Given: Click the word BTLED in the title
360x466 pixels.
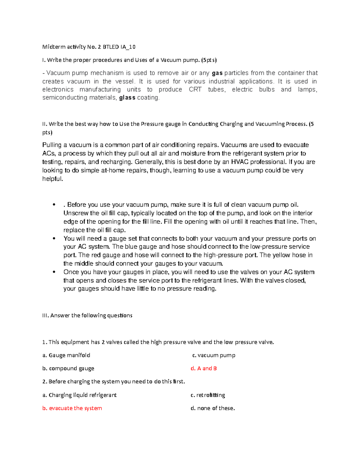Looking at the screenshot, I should (111, 47).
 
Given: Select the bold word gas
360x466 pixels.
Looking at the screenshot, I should (217, 73).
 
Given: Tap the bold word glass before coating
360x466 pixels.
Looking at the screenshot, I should (127, 98).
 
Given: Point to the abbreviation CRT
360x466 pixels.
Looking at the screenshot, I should (195, 89).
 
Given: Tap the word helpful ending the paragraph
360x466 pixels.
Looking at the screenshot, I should (52, 179).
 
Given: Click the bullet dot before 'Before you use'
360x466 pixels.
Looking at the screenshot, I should (54, 205).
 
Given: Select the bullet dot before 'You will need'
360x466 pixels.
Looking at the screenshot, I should (54, 239).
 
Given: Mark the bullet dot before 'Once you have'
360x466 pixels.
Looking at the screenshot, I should (54, 272).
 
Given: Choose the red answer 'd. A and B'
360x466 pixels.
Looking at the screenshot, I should (204, 368).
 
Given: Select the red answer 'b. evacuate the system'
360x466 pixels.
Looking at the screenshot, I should (72, 408).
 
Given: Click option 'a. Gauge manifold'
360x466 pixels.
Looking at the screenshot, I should (66, 355).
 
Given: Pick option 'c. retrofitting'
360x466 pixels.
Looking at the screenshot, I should (208, 395).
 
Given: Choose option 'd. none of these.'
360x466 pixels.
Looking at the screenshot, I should (213, 408).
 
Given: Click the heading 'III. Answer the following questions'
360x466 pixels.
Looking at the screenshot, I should (87, 315).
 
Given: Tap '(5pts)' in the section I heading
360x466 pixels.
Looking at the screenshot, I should (208, 60).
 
